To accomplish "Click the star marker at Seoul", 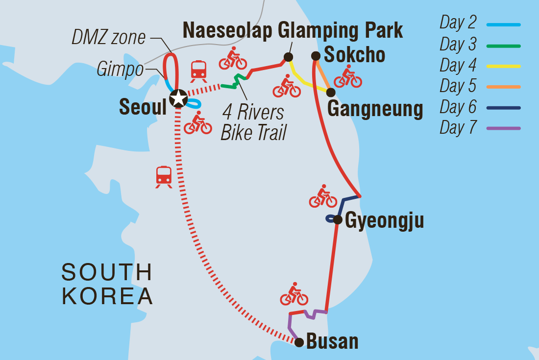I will [x=178, y=98].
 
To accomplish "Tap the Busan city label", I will [x=332, y=341].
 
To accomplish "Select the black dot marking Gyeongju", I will [x=337, y=219].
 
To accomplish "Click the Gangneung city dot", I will [x=331, y=92].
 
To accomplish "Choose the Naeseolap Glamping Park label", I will [x=293, y=30].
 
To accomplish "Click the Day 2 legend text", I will [x=458, y=22].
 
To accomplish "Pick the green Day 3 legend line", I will [x=503, y=46].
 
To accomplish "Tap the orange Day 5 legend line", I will [x=503, y=87].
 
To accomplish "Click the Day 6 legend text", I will [x=458, y=107].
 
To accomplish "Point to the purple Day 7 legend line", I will [x=503, y=128].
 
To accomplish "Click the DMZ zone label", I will [x=108, y=38].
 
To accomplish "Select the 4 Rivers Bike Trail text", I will [x=254, y=122].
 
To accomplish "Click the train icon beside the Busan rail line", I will [x=164, y=177].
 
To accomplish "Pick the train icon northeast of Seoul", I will [x=198, y=72].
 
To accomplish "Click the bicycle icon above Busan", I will [x=294, y=294].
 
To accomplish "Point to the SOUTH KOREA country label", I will [x=107, y=284].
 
